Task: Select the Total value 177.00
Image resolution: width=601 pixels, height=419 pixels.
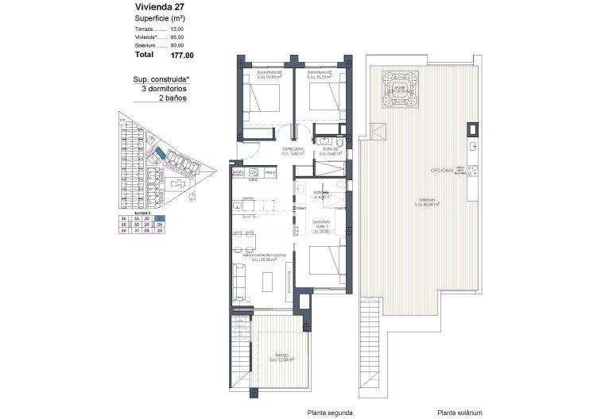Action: click(x=182, y=56)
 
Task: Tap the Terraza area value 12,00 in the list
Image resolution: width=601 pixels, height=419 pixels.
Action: click(x=176, y=29)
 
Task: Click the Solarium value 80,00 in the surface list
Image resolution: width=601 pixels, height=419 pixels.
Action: click(x=176, y=45)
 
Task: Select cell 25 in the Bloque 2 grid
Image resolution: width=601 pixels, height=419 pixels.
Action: click(x=161, y=231)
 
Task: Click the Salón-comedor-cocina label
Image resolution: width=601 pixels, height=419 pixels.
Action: click(x=268, y=256)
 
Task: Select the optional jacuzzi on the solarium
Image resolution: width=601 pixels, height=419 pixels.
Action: click(x=401, y=85)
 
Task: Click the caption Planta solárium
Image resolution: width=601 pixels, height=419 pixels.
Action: click(x=459, y=413)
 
